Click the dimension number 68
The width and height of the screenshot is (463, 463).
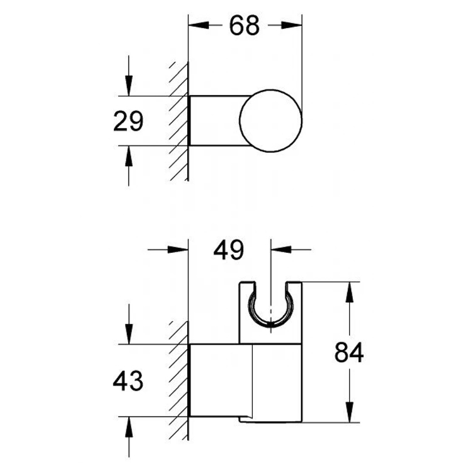244,26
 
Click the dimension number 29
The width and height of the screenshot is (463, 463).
128,121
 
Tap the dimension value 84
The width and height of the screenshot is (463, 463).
348,354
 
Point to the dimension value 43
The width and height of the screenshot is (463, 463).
128,380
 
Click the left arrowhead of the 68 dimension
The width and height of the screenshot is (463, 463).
198,26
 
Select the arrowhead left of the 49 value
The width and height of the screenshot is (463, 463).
179,248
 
